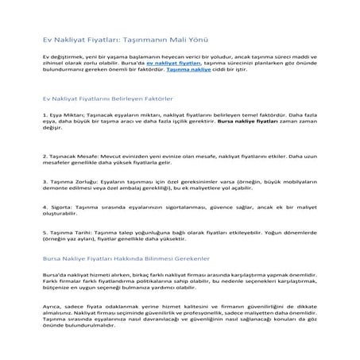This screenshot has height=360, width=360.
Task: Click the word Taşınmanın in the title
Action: (x=133, y=39)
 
